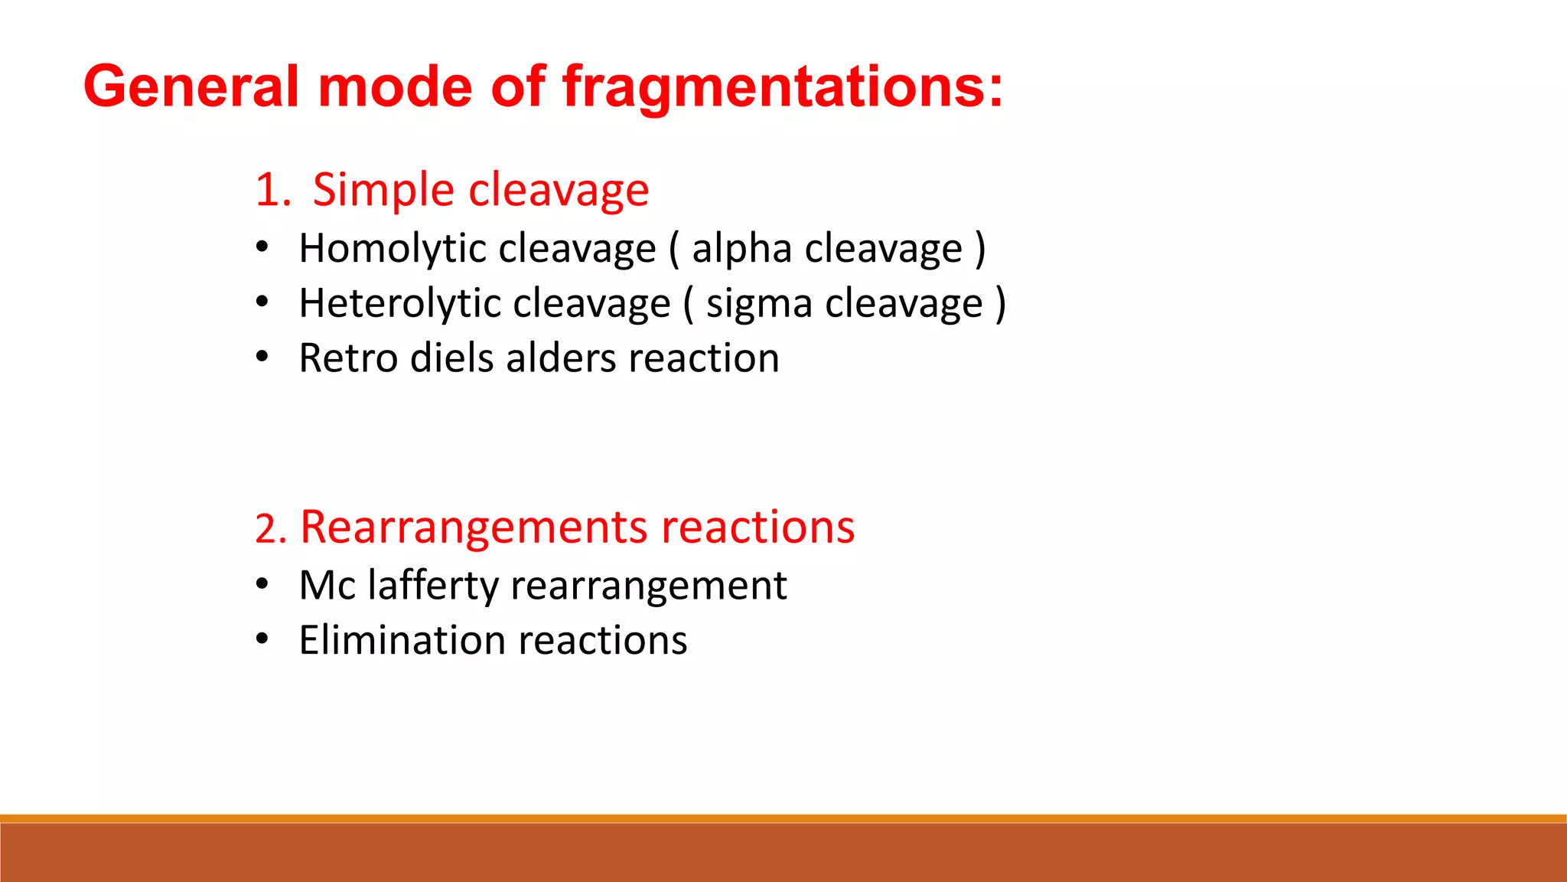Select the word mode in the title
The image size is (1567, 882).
coord(395,87)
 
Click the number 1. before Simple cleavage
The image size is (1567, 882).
coord(272,190)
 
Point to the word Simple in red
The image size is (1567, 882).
coord(383,190)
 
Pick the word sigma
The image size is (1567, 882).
coord(758,304)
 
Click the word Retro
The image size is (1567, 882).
coord(347,358)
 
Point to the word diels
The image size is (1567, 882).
coord(451,358)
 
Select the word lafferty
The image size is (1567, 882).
coord(433,586)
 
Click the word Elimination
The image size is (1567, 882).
coord(402,640)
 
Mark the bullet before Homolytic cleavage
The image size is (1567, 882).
coord(262,248)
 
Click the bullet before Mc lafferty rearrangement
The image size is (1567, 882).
coord(262,585)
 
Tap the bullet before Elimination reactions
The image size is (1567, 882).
coord(262,639)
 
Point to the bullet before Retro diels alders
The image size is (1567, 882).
coord(262,358)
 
